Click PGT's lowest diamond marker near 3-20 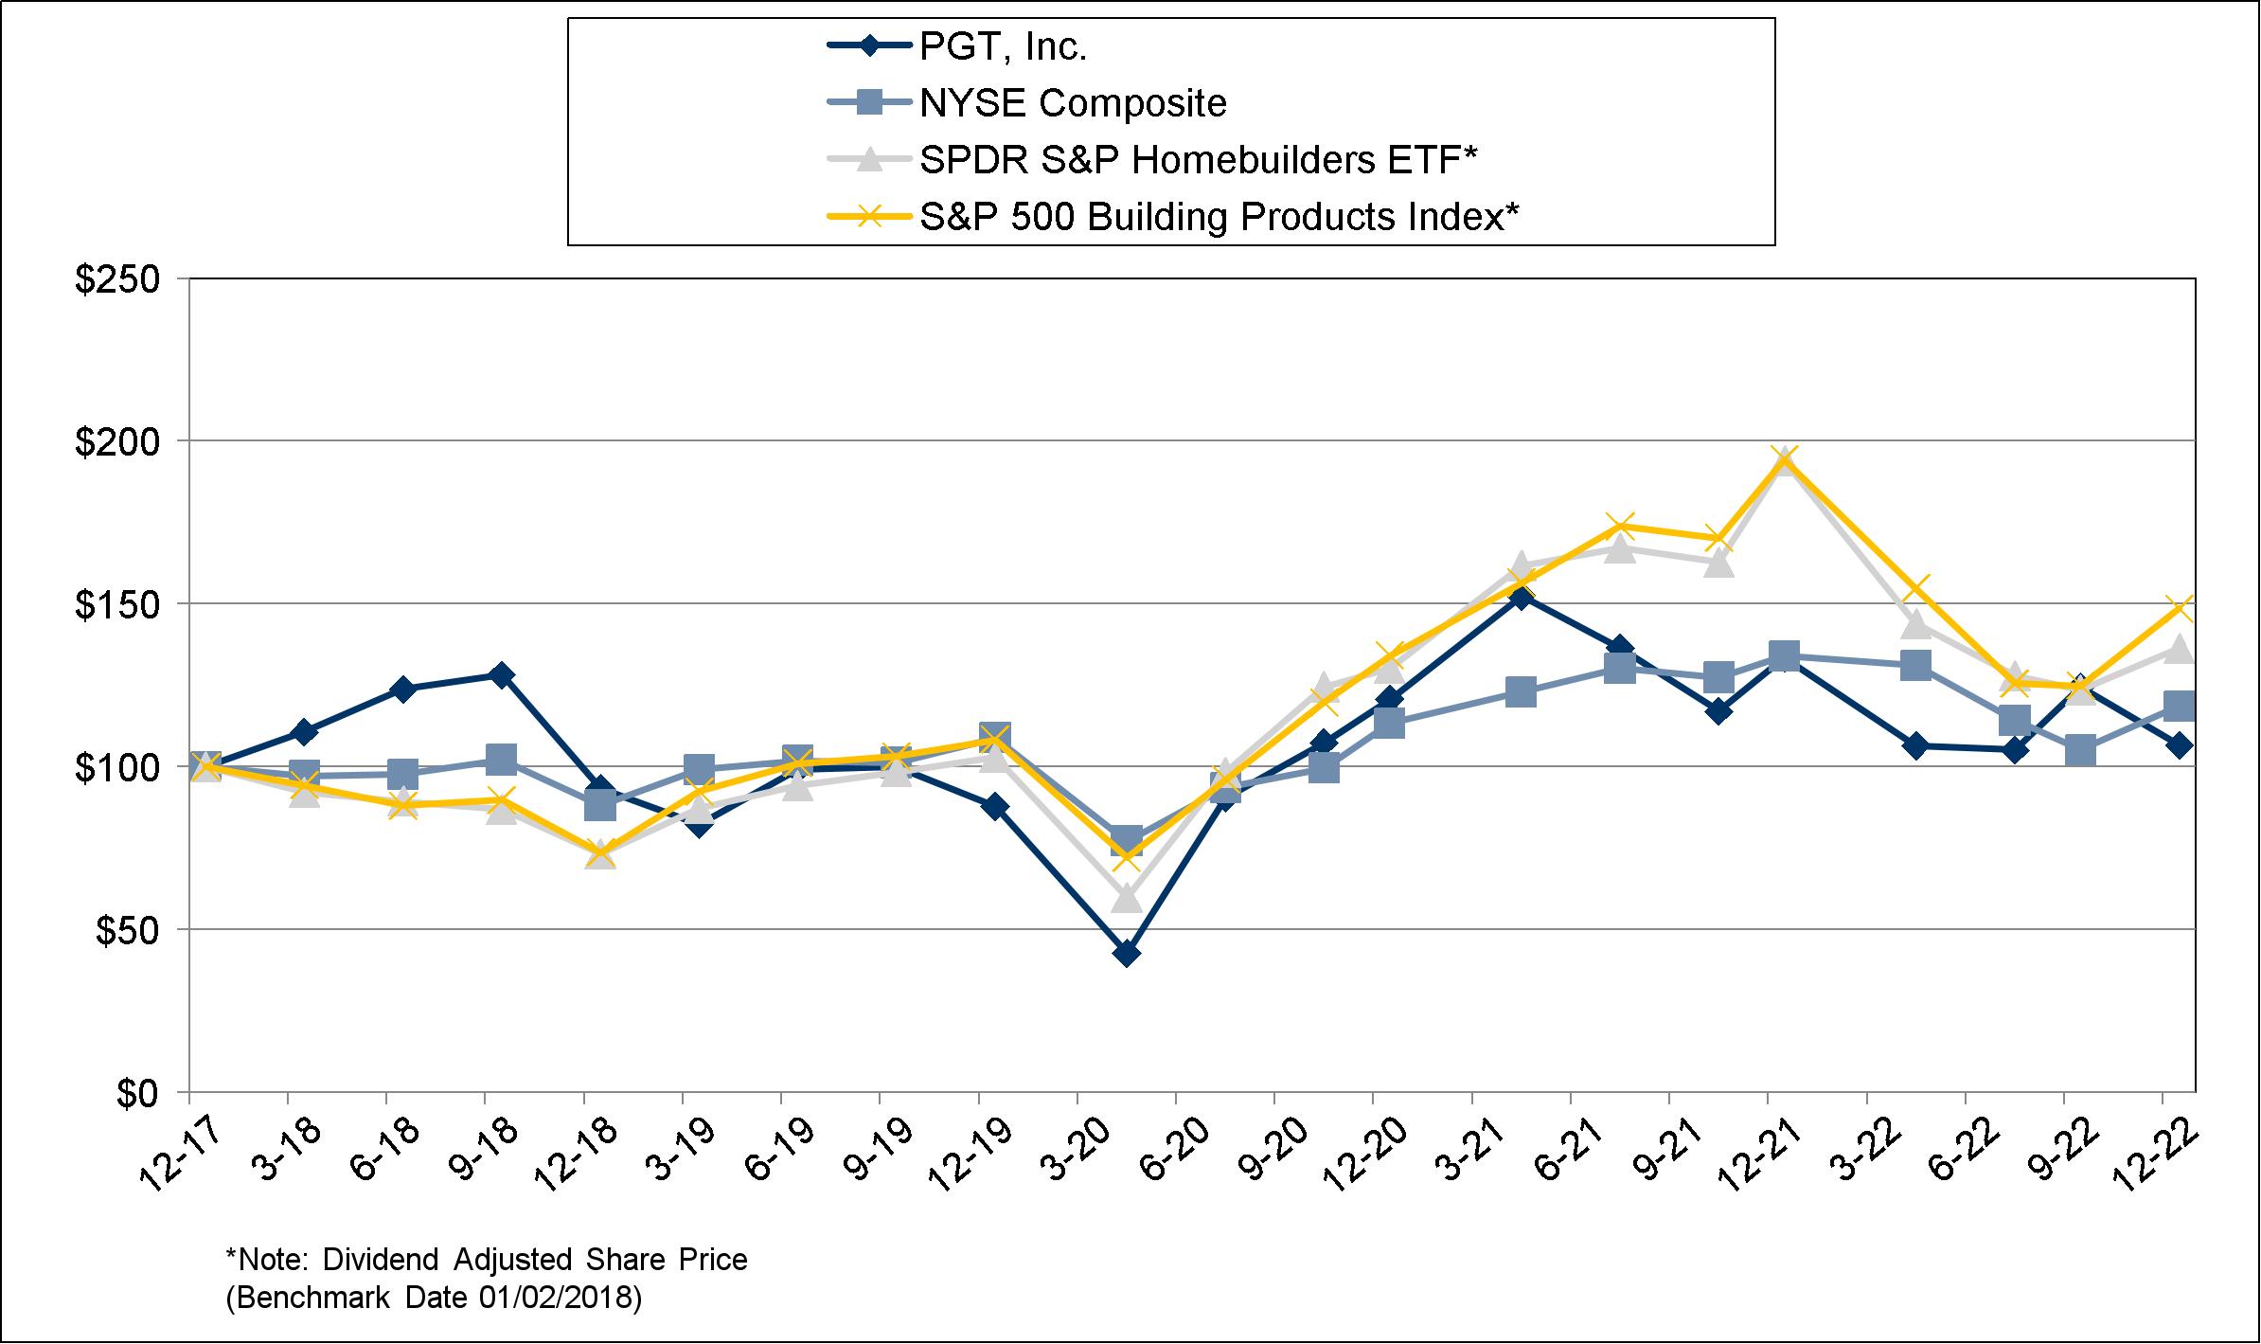(1127, 953)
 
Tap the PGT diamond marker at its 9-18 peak (501, 674)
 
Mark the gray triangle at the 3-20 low (1127, 896)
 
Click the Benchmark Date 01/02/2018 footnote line (434, 1298)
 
